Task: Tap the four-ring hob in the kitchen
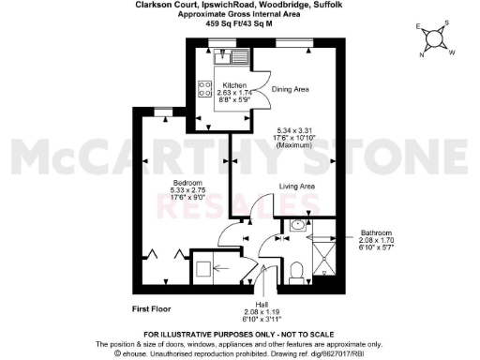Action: coord(204,89)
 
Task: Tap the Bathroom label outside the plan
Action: coord(380,232)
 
